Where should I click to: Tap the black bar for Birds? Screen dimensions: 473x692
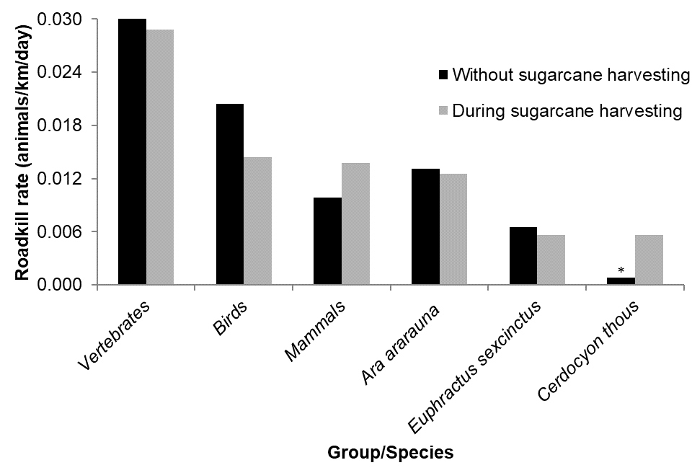pyautogui.click(x=230, y=194)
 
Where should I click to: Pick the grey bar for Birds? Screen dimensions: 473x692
pyautogui.click(x=258, y=221)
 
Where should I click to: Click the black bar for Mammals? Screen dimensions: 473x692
pyautogui.click(x=328, y=241)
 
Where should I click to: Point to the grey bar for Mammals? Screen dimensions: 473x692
pyautogui.click(x=356, y=224)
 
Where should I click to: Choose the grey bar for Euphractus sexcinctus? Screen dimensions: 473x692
pyautogui.click(x=551, y=260)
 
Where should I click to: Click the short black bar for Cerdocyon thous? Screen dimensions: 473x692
pyautogui.click(x=621, y=281)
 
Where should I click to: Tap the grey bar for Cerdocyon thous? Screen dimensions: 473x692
pyautogui.click(x=649, y=260)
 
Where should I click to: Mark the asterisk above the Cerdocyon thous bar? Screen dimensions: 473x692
pyautogui.click(x=621, y=271)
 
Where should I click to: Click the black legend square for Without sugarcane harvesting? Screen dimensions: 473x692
pyautogui.click(x=443, y=74)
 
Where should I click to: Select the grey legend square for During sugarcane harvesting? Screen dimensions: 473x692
pyautogui.click(x=443, y=111)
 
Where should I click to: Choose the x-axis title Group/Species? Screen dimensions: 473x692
pyautogui.click(x=391, y=453)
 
